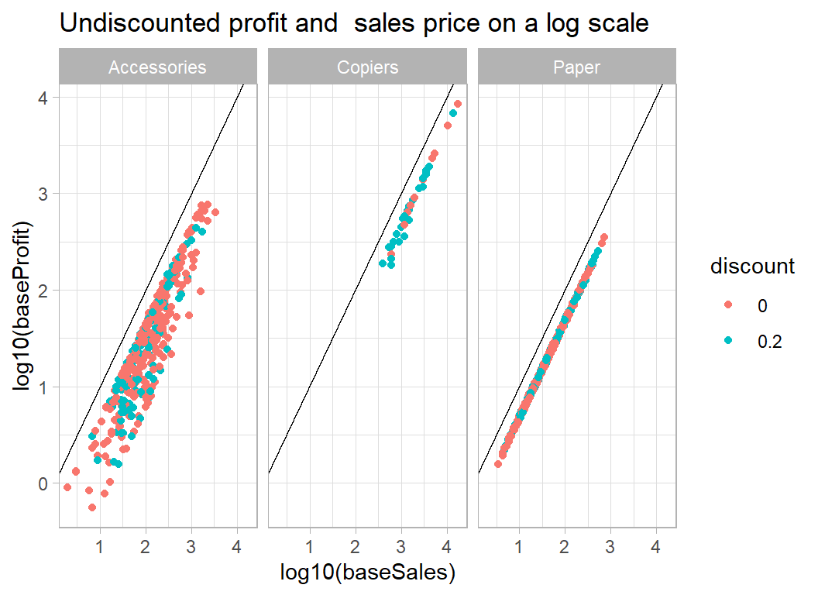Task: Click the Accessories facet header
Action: [x=157, y=67]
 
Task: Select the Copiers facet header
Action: [x=367, y=67]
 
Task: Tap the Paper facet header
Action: [x=576, y=67]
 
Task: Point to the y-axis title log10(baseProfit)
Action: [x=26, y=307]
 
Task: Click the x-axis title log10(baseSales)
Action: [x=367, y=573]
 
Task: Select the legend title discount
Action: [x=752, y=267]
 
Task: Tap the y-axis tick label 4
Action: [x=43, y=98]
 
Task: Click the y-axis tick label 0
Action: [x=43, y=483]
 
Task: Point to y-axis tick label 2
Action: [x=43, y=291]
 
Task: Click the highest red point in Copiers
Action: [x=458, y=104]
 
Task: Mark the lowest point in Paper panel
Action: [x=498, y=464]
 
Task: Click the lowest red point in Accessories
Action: [x=92, y=507]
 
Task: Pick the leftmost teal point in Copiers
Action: [x=383, y=263]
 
